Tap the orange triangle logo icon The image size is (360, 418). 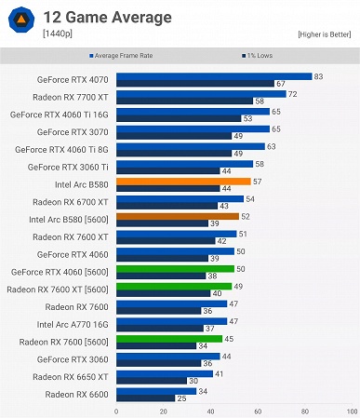click(x=20, y=22)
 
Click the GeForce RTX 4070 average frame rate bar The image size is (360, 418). click(x=213, y=76)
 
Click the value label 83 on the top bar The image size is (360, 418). click(x=319, y=76)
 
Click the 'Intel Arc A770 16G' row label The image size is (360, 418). click(x=73, y=325)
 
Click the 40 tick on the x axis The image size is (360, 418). click(x=210, y=411)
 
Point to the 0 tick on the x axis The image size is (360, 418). click(x=116, y=411)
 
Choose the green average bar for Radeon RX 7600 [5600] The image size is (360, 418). click(x=168, y=339)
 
